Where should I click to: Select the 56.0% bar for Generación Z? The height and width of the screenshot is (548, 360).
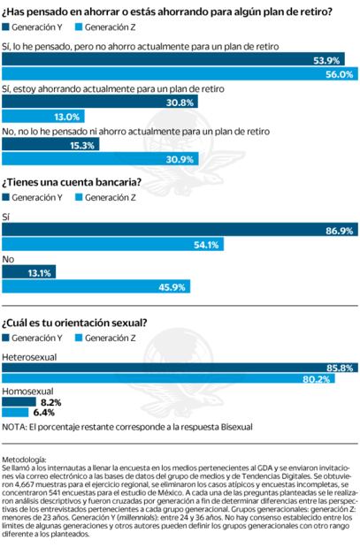tap(177, 74)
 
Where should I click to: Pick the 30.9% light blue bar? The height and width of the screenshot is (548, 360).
tap(88, 159)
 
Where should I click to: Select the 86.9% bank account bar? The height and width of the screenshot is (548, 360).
tap(177, 231)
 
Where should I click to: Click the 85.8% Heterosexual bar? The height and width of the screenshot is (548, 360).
tap(177, 366)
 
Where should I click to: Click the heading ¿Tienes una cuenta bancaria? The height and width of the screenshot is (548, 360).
tap(74, 183)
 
